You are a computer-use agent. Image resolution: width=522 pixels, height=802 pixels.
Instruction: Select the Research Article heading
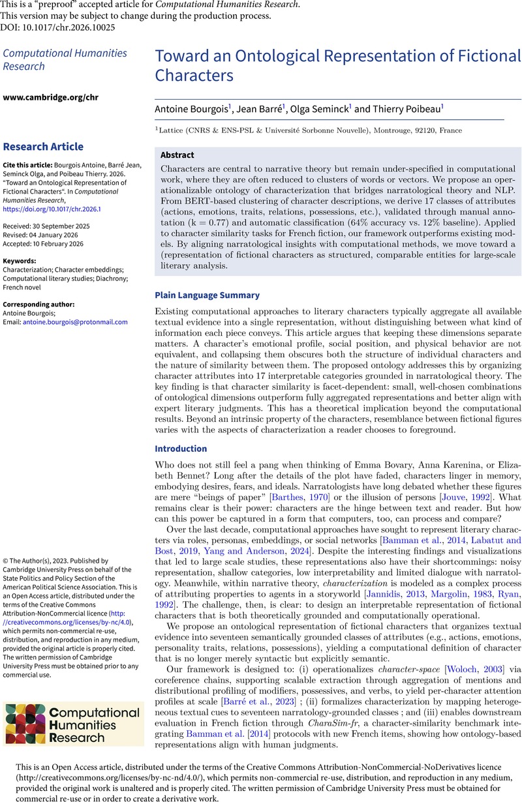44,147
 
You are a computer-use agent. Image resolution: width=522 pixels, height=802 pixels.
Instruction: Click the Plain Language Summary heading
207,295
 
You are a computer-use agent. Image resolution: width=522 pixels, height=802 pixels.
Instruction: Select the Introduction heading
181,449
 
